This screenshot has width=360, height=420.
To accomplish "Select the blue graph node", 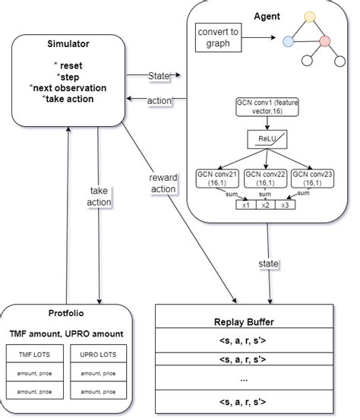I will [x=289, y=42].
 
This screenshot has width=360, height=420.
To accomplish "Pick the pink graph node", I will [x=326, y=40].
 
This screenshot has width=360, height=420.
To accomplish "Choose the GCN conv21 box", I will [x=217, y=178].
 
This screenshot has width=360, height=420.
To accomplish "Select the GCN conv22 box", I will [x=264, y=178].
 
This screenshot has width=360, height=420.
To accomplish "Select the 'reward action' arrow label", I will [x=163, y=183].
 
